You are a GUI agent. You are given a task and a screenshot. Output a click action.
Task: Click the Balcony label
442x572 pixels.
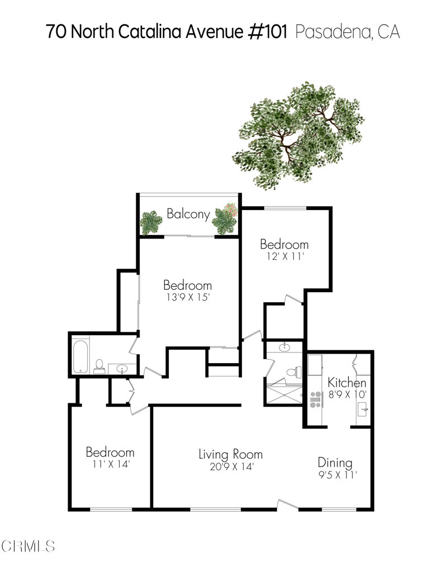pyautogui.click(x=188, y=214)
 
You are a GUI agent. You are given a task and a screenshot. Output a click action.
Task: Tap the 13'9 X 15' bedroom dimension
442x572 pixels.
pyautogui.click(x=188, y=297)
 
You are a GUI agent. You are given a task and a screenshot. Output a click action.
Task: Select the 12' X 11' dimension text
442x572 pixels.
pyautogui.click(x=285, y=256)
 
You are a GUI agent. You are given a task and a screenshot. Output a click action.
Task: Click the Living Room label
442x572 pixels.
pyautogui.click(x=231, y=454)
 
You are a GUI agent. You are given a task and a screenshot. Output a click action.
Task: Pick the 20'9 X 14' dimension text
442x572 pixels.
pyautogui.click(x=232, y=466)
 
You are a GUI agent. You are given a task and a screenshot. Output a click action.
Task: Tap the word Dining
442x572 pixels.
pyautogui.click(x=335, y=463)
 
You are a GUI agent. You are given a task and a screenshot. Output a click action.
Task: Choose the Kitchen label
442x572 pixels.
pyautogui.click(x=347, y=383)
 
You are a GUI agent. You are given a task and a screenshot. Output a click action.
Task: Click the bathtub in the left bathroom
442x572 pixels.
pyautogui.click(x=80, y=356)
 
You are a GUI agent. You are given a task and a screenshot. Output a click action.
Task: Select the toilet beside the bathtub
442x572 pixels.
pyautogui.click(x=99, y=366)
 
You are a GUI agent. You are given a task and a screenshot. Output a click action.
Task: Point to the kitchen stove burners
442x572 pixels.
pyautogui.click(x=316, y=399)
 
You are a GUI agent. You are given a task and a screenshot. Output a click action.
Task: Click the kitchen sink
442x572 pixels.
pyautogui.click(x=363, y=409)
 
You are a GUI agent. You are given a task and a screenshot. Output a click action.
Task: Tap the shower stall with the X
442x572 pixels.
pyautogui.click(x=284, y=394)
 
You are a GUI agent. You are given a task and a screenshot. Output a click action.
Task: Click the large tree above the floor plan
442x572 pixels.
pyautogui.click(x=298, y=135)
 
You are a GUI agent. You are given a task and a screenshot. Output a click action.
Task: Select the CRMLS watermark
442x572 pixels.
pyautogui.click(x=28, y=546)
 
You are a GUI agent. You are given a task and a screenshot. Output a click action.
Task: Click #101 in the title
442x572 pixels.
pyautogui.click(x=268, y=31)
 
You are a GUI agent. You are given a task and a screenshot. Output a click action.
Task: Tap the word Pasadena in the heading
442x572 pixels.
pyautogui.click(x=334, y=32)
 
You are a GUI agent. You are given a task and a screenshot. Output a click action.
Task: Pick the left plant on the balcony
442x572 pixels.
pyautogui.click(x=150, y=222)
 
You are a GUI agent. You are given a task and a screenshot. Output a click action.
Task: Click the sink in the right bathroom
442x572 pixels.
pyautogui.click(x=284, y=347)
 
